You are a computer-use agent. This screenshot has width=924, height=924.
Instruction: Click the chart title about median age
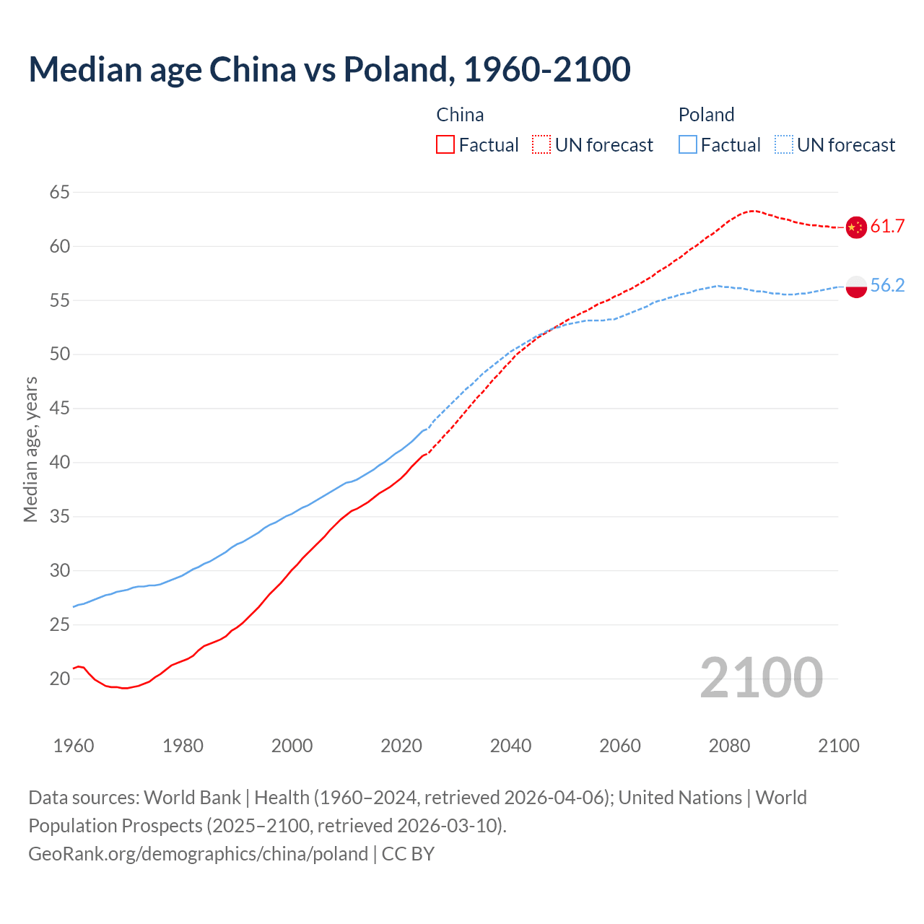tap(329, 69)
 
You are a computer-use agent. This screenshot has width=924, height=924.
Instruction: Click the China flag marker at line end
tap(856, 227)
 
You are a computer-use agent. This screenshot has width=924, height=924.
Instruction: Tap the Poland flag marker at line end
tap(856, 286)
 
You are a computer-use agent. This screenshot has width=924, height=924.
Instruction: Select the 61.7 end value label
tap(887, 227)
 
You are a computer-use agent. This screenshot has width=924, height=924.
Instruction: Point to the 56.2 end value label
tap(887, 286)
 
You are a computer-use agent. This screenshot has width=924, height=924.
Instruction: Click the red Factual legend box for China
tap(445, 145)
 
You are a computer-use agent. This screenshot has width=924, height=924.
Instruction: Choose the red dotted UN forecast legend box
tap(541, 145)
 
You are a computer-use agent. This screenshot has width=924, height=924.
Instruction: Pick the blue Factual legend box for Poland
tap(688, 145)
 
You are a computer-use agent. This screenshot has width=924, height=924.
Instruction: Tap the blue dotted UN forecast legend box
tap(784, 145)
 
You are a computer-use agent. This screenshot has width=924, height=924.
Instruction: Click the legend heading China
tap(460, 115)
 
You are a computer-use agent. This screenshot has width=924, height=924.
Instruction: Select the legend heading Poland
tap(706, 115)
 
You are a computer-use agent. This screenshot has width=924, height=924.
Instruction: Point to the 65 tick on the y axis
tap(60, 193)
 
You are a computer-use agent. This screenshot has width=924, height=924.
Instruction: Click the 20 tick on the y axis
tap(60, 679)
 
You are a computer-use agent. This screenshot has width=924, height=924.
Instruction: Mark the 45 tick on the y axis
tap(60, 409)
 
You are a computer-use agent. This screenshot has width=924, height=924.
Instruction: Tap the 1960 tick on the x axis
tap(74, 746)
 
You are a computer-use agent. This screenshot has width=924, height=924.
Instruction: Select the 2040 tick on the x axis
tap(510, 746)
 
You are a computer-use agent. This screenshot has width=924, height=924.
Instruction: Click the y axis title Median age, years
tap(30, 449)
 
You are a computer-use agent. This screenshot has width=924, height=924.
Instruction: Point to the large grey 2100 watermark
tap(761, 678)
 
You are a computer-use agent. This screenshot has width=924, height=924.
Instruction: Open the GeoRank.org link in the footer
tap(198, 854)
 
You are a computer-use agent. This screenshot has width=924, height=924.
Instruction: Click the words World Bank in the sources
tap(192, 798)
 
